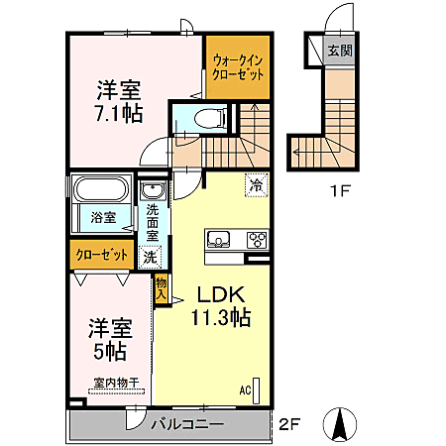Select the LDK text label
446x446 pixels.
pos(218,295)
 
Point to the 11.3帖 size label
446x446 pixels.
pos(219,318)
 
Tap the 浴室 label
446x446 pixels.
pos(104,216)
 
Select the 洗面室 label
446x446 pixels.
pos(155,224)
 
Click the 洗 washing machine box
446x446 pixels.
pos(149,258)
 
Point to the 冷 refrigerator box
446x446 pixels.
pos(257,184)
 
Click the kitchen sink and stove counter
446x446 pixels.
pos(237,239)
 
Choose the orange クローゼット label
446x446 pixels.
pos(102,255)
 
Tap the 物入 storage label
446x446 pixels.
pos(161,288)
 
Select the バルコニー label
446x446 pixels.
pos(187,425)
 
